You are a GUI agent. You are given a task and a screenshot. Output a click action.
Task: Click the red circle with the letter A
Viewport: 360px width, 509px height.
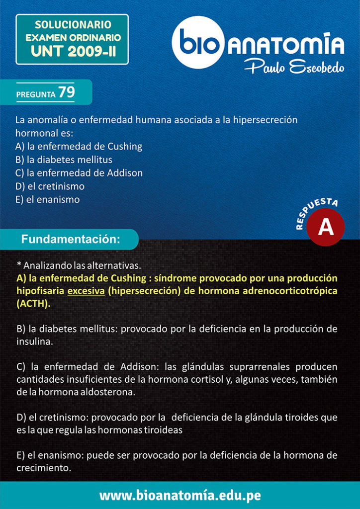click(325, 227)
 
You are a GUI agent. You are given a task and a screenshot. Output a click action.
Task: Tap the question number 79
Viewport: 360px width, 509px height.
click(66, 92)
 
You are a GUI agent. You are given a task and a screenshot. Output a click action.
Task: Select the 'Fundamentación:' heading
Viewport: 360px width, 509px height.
click(71, 239)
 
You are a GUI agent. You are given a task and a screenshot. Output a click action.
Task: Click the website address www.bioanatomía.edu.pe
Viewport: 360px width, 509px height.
click(180, 495)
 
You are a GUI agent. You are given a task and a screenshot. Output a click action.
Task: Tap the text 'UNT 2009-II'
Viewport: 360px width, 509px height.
click(73, 51)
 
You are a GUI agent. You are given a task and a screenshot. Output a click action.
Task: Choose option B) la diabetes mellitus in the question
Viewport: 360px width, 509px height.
click(64, 160)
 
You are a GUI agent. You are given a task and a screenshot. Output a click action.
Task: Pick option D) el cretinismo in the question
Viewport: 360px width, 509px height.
click(50, 186)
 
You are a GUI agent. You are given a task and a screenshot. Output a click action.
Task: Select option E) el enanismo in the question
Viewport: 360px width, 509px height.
click(47, 200)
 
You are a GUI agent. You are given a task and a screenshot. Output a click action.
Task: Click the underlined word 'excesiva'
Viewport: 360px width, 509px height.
click(86, 291)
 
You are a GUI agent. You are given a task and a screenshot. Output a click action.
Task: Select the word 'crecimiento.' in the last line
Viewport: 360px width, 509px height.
click(44, 468)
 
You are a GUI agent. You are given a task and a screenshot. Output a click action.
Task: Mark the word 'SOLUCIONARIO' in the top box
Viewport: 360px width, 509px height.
click(73, 24)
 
